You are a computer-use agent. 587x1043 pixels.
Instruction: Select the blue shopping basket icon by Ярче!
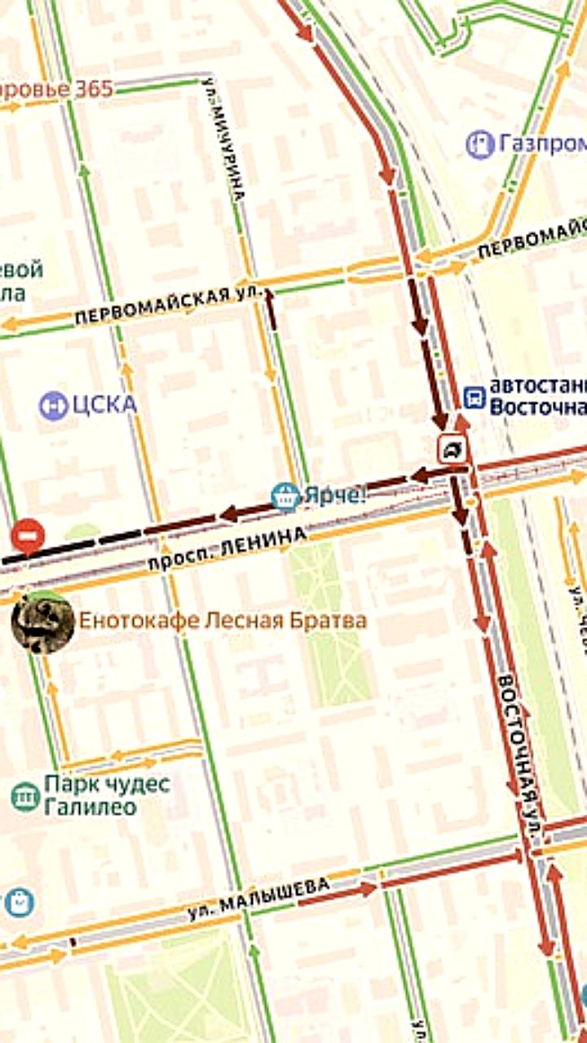(x=285, y=495)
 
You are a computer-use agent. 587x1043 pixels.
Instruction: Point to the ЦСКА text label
(x=104, y=404)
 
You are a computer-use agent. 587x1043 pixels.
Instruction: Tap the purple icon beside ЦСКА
(x=54, y=405)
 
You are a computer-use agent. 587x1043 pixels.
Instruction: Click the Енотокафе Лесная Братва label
(x=222, y=620)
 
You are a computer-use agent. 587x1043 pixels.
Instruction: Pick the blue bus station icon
(x=474, y=396)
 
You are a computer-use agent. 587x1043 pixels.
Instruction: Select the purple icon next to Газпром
(x=481, y=144)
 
